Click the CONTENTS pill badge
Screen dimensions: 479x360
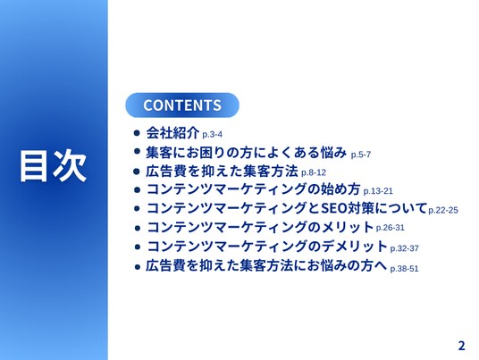182,105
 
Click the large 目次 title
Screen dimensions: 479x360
53,165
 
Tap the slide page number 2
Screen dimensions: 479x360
461,346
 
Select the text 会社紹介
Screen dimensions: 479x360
172,132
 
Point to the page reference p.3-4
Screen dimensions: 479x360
213,134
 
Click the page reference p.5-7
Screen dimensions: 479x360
361,155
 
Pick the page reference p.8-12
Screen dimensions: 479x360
314,172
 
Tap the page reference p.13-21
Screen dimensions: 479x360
378,191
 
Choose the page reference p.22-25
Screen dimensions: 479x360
443,210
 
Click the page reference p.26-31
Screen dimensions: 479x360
391,228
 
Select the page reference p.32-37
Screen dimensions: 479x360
404,248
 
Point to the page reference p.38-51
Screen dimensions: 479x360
404,269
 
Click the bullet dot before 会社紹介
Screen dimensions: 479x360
137,133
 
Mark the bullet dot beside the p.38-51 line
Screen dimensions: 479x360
138,267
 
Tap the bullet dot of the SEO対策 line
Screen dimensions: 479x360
137,208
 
